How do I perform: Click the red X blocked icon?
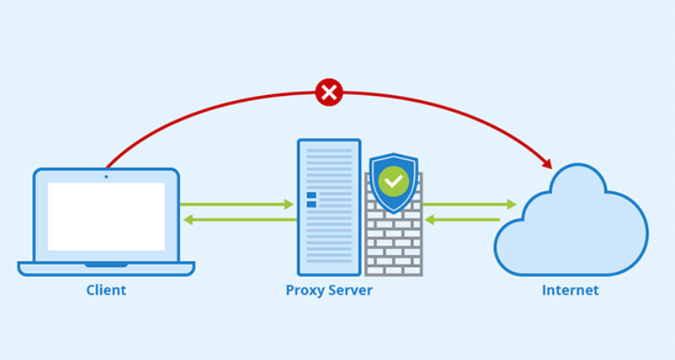pyautogui.click(x=329, y=92)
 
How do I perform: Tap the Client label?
pyautogui.click(x=106, y=291)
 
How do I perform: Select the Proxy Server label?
pyautogui.click(x=329, y=291)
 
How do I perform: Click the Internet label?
pyautogui.click(x=570, y=291)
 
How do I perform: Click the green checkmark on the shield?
pyautogui.click(x=393, y=180)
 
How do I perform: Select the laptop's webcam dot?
pyautogui.click(x=106, y=176)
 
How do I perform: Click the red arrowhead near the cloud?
pyautogui.click(x=546, y=162)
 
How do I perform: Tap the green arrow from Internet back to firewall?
pyautogui.click(x=462, y=220)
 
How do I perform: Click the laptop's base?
pyautogui.click(x=106, y=268)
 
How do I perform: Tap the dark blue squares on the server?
pyautogui.click(x=312, y=200)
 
